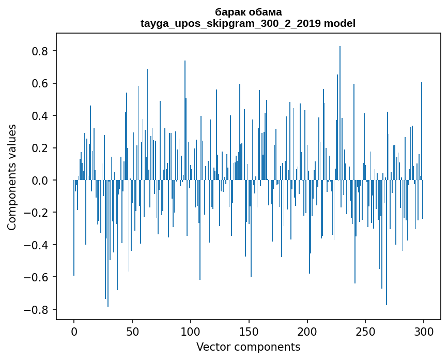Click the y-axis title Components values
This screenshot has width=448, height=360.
12,177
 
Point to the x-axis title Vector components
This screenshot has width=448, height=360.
248,347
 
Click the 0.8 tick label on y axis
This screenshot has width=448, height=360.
40,51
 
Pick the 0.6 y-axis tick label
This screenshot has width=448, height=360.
40,83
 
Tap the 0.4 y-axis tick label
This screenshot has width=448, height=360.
40,116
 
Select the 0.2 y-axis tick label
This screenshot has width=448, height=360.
40,148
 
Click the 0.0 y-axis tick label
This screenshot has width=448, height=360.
40,181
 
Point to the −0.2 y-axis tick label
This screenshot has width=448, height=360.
37,213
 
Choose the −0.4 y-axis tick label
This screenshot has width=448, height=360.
37,245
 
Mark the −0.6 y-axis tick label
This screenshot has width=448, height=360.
37,277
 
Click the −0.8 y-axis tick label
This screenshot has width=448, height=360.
37,310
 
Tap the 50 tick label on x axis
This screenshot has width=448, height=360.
132,330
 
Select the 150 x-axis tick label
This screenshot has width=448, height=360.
249,330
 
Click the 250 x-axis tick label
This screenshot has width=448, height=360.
365,330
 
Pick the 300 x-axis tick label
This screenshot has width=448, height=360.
424,330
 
